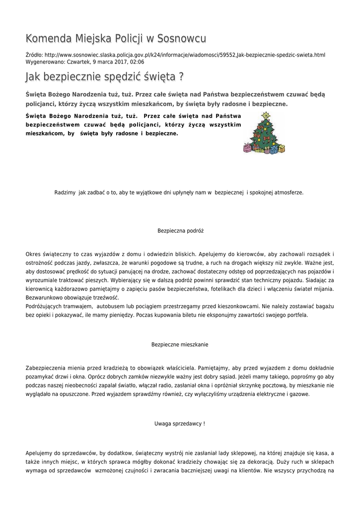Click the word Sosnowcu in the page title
click(x=181, y=39)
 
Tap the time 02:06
click(x=137, y=62)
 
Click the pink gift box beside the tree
click(x=247, y=147)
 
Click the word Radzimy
click(x=65, y=192)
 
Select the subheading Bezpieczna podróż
click(x=180, y=231)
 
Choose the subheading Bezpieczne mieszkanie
click(x=180, y=344)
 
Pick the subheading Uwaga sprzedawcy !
click(x=180, y=424)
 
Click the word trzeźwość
click(x=103, y=298)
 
